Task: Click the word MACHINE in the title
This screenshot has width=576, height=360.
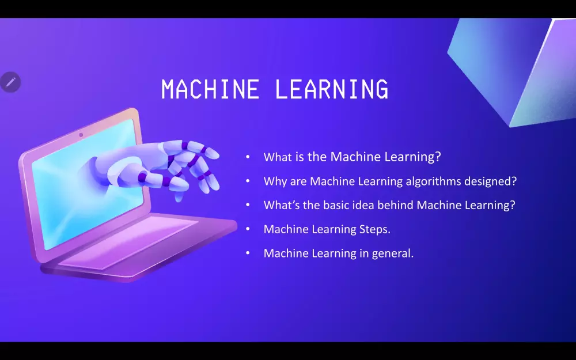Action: tap(210, 89)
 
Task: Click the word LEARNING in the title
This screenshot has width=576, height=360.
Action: tap(331, 89)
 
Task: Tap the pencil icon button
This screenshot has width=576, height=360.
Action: tap(10, 82)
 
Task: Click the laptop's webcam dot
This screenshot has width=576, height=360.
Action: tap(81, 135)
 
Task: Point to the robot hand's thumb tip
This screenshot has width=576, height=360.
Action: tap(179, 198)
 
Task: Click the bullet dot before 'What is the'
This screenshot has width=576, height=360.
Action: tap(248, 157)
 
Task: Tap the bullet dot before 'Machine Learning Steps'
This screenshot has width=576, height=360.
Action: tap(248, 229)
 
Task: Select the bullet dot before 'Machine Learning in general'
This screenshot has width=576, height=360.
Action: tap(248, 253)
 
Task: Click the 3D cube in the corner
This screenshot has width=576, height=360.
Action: tap(514, 70)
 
